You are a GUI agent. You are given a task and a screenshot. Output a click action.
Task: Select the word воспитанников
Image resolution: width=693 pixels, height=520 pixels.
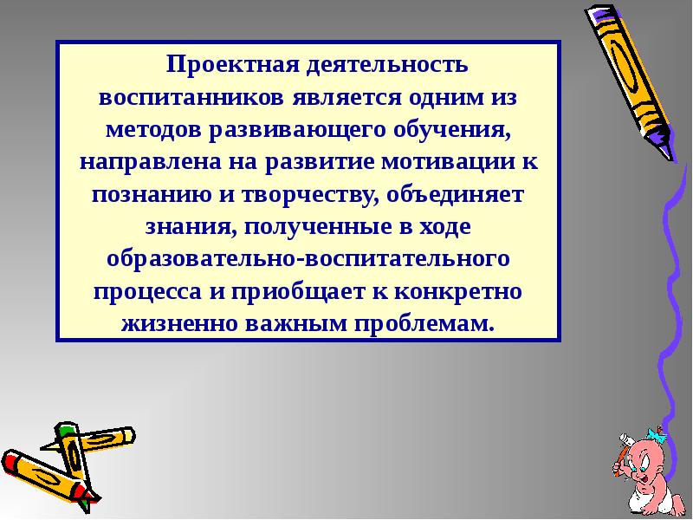point(191,97)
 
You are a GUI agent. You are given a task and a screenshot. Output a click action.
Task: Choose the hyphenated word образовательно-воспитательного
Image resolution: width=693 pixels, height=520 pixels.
point(308,259)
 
